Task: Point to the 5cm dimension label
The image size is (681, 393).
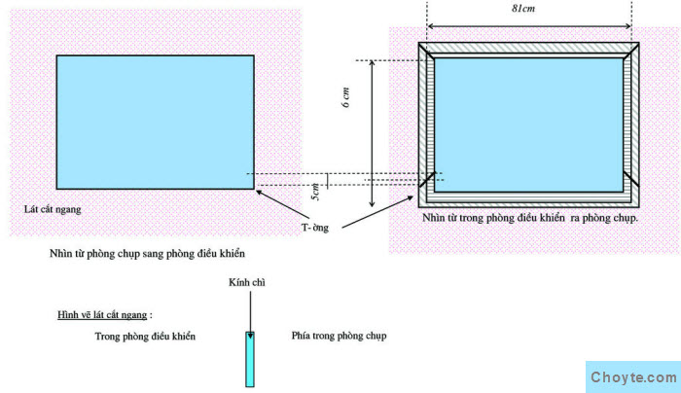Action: click(314, 193)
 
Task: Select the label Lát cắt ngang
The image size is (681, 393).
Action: click(53, 209)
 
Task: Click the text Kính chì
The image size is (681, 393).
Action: click(246, 283)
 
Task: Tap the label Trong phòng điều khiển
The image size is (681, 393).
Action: click(145, 336)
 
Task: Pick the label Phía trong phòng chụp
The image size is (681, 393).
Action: click(339, 336)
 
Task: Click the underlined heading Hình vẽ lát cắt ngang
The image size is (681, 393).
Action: click(104, 315)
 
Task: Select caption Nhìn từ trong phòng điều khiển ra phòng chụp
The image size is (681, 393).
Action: click(529, 220)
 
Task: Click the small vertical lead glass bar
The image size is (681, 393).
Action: click(250, 359)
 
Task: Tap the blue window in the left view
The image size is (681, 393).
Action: click(156, 122)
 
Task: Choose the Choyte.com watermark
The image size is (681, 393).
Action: click(632, 377)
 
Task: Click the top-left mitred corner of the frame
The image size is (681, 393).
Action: click(427, 52)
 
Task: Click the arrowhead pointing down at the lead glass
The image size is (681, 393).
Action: click(250, 333)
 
